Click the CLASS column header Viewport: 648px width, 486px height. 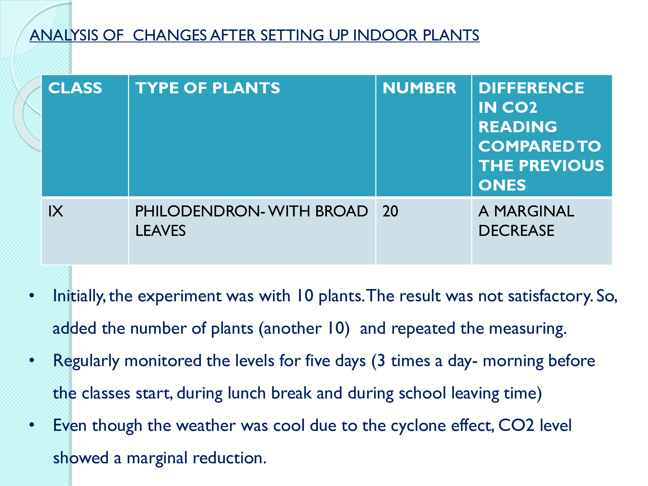(75, 88)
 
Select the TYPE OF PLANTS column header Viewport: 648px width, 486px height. (207, 88)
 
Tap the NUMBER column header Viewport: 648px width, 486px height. (419, 88)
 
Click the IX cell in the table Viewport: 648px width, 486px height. (56, 212)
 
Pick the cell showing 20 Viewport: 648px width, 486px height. (390, 212)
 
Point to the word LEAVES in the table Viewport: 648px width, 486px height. (160, 231)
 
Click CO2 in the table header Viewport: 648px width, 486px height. (519, 108)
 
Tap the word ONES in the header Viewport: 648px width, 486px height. (502, 185)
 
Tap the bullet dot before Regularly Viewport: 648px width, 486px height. (32, 360)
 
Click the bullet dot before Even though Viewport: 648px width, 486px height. (32, 425)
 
